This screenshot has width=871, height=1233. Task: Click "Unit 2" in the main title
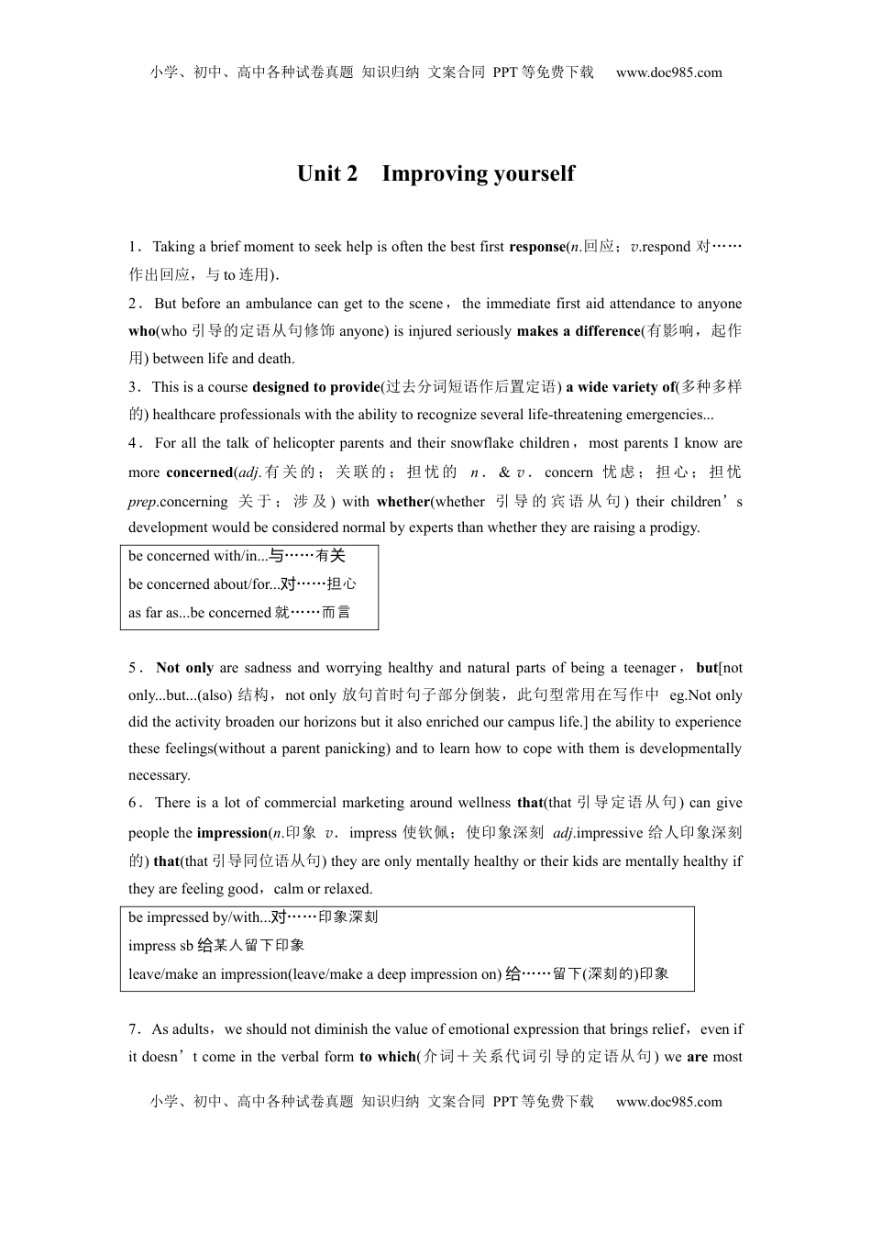click(x=326, y=174)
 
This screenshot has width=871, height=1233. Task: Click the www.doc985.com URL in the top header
click(x=668, y=72)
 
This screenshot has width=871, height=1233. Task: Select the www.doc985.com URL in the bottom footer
click(x=668, y=1102)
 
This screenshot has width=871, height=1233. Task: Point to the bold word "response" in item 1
click(x=537, y=247)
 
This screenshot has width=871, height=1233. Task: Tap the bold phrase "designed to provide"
click(x=315, y=387)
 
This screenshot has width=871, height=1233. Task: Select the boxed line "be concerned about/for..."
click(x=242, y=584)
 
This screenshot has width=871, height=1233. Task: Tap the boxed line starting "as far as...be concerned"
click(x=239, y=613)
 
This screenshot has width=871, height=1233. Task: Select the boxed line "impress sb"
click(x=216, y=946)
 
